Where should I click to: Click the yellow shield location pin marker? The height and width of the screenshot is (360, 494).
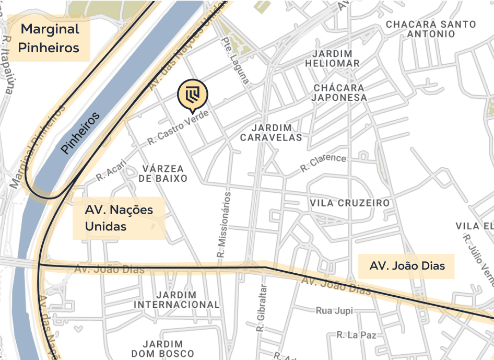tap(192, 94)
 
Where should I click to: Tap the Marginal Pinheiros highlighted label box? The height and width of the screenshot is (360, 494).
tap(49, 38)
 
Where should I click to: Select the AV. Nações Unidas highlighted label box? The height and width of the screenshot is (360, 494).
tap(119, 218)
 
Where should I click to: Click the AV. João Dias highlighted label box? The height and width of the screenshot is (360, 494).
tap(407, 266)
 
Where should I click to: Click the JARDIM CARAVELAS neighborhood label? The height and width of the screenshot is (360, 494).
tap(271, 133)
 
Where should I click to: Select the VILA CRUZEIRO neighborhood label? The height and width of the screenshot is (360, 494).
tap(349, 203)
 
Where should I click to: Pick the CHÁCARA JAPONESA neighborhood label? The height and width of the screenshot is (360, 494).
tap(339, 92)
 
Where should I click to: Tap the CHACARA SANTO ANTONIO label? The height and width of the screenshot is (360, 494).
tap(431, 29)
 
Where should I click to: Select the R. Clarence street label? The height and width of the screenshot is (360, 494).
tap(323, 163)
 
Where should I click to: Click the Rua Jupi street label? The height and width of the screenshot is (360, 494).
tap(334, 311)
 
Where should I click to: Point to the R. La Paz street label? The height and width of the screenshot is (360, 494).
tap(356, 335)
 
